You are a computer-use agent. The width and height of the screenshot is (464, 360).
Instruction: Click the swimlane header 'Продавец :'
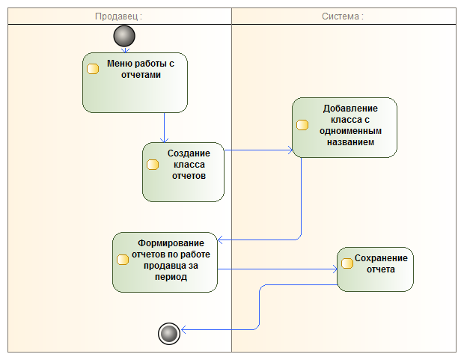point(119,16)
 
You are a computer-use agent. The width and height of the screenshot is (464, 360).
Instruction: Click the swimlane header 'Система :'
point(343,16)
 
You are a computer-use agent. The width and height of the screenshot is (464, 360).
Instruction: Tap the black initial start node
point(125,35)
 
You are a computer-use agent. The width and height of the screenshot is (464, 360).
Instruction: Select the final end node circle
point(170,333)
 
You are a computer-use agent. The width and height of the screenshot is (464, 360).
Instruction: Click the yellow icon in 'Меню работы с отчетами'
point(94,70)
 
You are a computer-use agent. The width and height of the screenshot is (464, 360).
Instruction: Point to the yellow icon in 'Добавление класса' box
point(302,125)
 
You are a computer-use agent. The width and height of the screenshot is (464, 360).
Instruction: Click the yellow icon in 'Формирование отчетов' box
point(123,260)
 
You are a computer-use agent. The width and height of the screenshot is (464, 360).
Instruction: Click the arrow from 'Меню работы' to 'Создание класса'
point(164,127)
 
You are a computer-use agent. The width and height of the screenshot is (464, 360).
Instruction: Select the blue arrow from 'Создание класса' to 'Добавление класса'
point(258,150)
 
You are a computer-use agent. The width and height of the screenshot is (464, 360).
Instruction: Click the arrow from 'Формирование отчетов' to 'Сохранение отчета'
point(277,269)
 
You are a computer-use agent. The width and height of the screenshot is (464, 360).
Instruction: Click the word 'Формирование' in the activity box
point(171,243)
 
